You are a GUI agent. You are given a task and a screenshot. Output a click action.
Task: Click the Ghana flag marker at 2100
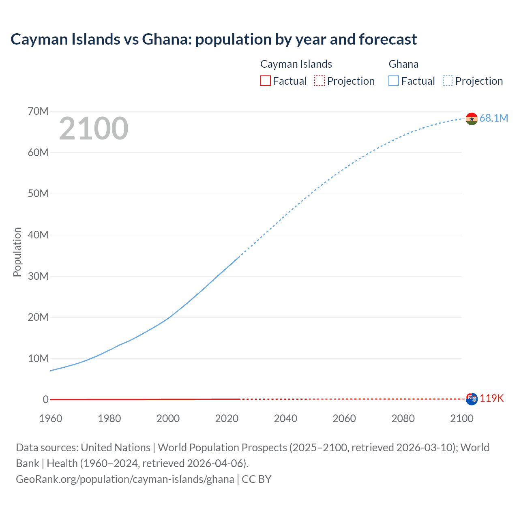(472, 119)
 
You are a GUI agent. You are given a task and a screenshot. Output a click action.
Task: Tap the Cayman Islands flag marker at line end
(472, 399)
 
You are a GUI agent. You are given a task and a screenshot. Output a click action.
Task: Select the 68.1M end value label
(493, 118)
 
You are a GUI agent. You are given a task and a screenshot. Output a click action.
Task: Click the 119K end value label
(491, 398)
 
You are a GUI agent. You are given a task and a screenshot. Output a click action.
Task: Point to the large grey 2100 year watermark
(94, 129)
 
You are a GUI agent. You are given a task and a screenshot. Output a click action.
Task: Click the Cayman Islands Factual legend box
(265, 81)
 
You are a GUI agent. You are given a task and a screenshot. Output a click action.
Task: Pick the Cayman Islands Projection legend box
(320, 81)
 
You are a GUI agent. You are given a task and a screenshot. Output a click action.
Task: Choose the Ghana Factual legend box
(393, 81)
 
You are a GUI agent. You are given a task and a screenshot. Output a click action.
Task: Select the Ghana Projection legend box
(448, 81)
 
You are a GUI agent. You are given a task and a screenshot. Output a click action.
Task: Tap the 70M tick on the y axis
(38, 111)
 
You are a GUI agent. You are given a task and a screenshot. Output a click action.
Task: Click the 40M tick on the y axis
(38, 235)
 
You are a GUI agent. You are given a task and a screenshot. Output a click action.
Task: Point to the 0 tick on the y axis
(45, 399)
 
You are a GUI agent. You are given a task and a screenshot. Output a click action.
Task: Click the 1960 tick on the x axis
(51, 418)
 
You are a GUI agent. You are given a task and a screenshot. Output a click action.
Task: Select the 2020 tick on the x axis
(227, 418)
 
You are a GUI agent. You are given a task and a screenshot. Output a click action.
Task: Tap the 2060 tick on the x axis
(344, 418)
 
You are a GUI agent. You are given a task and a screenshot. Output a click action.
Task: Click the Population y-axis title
(17, 252)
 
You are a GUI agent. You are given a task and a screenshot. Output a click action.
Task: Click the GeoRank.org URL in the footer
(125, 479)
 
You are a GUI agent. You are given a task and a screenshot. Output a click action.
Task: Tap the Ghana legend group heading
(403, 64)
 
